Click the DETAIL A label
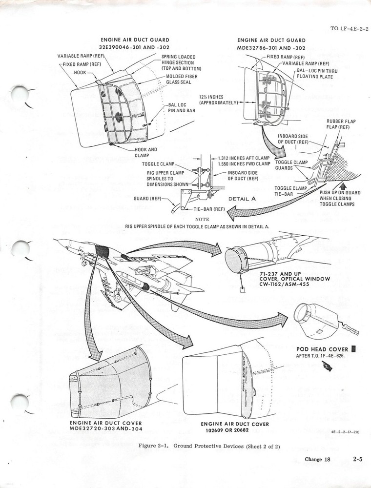click(242, 199)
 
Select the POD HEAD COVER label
click(323, 349)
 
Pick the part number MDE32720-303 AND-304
click(106, 428)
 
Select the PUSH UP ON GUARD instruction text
click(340, 199)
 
